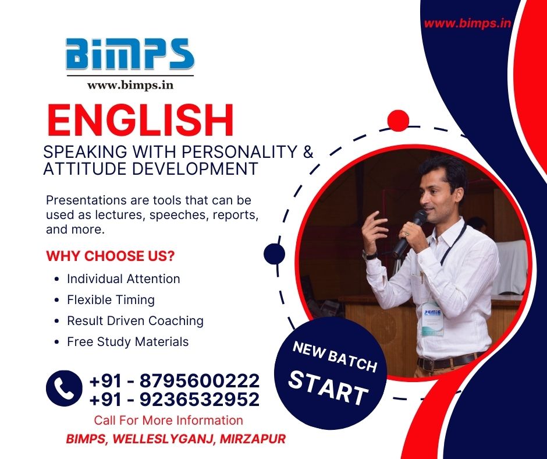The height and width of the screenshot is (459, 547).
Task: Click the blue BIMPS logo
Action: pos(130,54)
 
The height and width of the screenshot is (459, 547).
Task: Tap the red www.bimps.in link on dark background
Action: pos(467,23)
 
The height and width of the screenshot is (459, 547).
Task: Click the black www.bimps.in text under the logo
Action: pos(130,85)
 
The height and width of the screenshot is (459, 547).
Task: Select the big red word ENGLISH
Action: pos(140,120)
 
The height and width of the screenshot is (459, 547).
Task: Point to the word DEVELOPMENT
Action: pos(195,169)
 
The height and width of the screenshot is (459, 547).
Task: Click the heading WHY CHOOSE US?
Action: pos(110,256)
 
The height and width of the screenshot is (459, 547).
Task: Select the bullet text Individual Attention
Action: pos(123,279)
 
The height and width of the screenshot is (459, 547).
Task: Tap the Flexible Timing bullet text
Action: pos(111,300)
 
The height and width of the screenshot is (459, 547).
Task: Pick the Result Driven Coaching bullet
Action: pos(136,321)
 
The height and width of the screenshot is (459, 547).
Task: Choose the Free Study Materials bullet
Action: pos(127,342)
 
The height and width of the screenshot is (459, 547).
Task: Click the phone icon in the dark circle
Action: pos(64,388)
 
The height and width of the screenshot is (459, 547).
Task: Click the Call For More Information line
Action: pos(169,420)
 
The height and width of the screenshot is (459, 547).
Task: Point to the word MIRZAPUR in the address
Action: pos(253,439)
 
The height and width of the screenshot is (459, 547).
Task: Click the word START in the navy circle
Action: pos(328,388)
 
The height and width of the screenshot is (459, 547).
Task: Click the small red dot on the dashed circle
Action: pos(398,121)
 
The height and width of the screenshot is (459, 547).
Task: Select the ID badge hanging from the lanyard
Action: pos(432,319)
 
